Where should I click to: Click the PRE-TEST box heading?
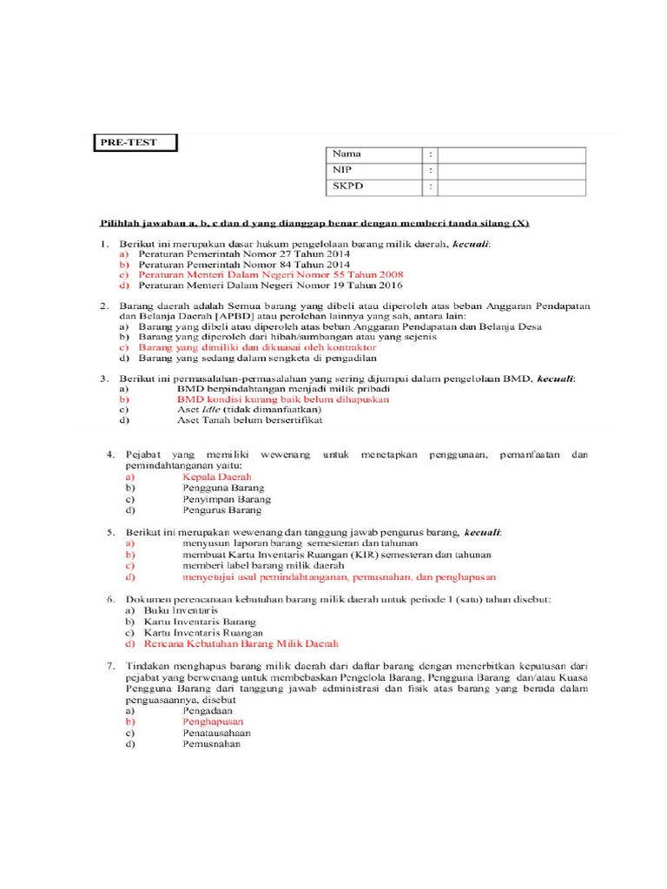[x=135, y=142]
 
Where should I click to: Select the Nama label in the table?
[x=347, y=155]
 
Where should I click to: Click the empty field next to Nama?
[x=512, y=155]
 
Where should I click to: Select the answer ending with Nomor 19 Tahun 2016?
[x=270, y=285]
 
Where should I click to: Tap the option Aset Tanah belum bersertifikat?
[x=249, y=420]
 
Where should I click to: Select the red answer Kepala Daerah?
[x=216, y=477]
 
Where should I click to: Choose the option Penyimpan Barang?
[x=226, y=499]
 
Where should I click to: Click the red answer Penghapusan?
[x=213, y=721]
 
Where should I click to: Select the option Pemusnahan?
[x=211, y=743]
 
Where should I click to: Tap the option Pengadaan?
[x=209, y=710]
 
